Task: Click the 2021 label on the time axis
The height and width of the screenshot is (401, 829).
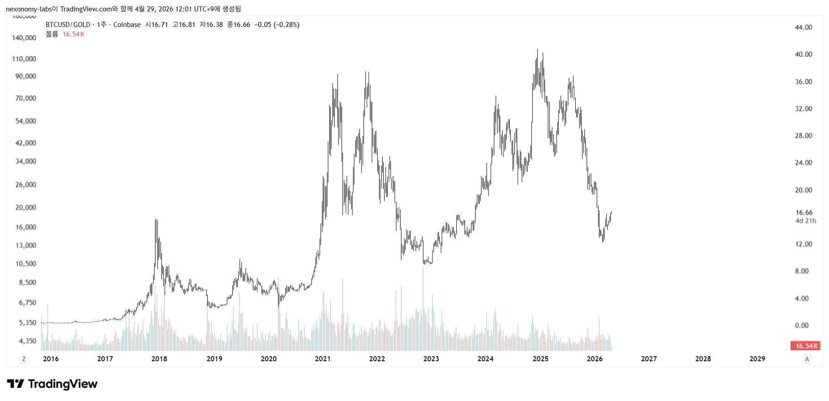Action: (x=322, y=359)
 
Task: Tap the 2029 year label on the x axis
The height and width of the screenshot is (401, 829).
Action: (x=757, y=359)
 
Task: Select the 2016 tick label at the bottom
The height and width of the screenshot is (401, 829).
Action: (x=51, y=359)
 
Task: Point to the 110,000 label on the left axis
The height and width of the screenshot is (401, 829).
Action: (x=24, y=59)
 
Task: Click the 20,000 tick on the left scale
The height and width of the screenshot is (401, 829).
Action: (x=26, y=208)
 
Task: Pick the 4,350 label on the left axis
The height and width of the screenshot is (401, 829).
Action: (x=27, y=341)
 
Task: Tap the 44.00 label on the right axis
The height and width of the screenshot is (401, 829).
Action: (x=803, y=27)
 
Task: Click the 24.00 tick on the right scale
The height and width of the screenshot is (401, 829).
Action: (x=803, y=163)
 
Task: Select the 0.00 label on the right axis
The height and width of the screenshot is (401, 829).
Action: (x=802, y=326)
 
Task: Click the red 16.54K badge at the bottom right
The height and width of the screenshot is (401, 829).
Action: (x=805, y=346)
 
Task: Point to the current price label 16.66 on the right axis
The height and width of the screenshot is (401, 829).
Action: (x=804, y=213)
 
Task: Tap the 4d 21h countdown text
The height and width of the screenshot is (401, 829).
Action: (x=805, y=221)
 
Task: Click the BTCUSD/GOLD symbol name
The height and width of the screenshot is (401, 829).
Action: (x=68, y=25)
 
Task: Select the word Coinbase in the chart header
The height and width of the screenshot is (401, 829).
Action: (x=127, y=25)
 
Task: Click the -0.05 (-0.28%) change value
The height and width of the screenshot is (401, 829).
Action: (x=277, y=25)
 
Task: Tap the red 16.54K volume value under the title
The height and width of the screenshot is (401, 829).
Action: (x=73, y=34)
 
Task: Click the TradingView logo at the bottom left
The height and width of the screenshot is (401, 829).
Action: (x=52, y=384)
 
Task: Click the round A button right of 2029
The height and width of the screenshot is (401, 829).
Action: (x=807, y=359)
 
